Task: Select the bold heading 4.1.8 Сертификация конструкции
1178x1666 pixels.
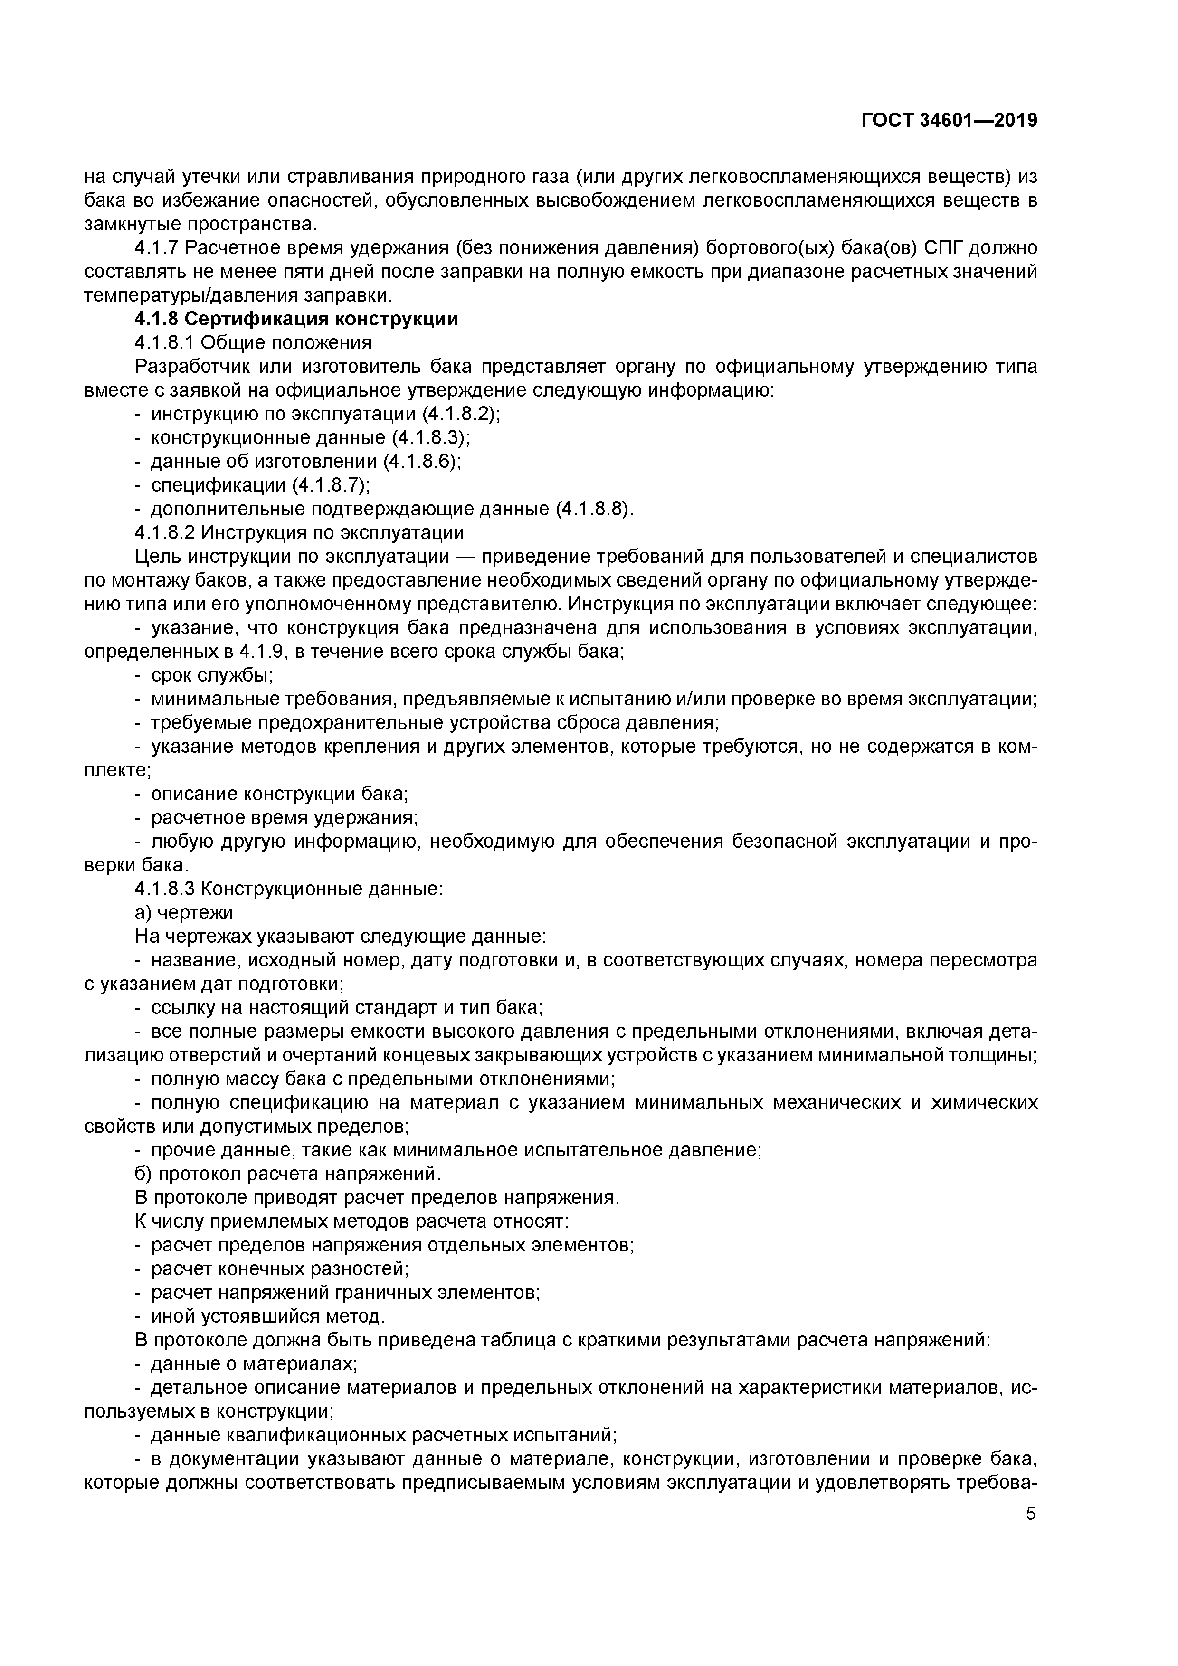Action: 296,319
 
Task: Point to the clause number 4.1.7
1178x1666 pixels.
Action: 156,248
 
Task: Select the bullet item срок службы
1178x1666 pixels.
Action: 211,675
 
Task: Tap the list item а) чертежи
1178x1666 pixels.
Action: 184,913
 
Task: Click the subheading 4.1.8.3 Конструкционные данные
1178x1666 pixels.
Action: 288,889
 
